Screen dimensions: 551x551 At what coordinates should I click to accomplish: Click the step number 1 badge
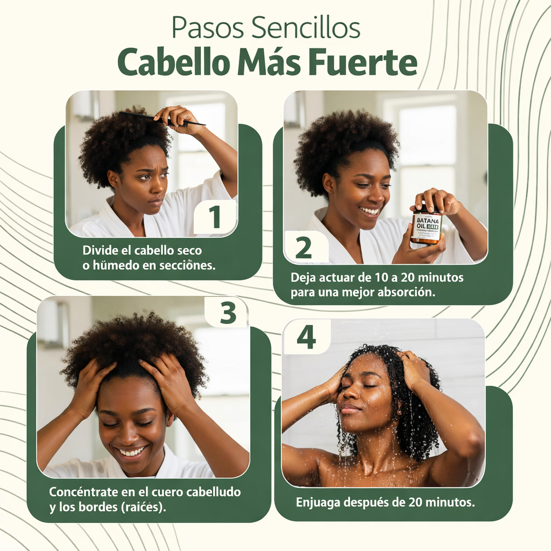click(215, 217)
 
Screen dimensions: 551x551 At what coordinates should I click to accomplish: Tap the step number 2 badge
click(303, 248)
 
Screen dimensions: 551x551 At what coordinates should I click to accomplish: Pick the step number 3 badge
click(228, 312)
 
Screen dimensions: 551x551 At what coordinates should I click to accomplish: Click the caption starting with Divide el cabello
click(149, 257)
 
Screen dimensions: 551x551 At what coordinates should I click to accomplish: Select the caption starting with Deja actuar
click(377, 285)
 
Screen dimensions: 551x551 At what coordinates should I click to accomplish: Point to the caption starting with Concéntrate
click(145, 499)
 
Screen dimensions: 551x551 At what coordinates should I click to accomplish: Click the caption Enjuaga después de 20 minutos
click(385, 502)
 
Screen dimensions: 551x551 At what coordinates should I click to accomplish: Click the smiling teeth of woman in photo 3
click(132, 451)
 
